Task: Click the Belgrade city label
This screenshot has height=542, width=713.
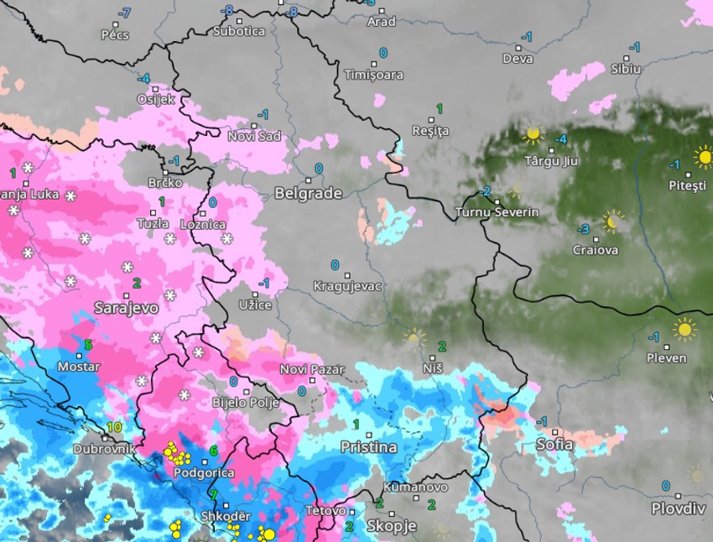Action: tap(308, 194)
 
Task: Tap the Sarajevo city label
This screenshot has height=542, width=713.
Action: tap(127, 308)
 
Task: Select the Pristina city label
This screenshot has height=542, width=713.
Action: tap(368, 447)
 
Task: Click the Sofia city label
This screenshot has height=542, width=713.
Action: tap(554, 445)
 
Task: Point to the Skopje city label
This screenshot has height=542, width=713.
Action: tap(391, 526)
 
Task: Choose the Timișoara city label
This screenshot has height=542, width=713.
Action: tap(373, 75)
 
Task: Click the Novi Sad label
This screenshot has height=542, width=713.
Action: tap(254, 136)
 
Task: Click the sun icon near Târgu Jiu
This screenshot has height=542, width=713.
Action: tap(532, 133)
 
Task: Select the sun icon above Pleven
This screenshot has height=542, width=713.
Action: tap(684, 329)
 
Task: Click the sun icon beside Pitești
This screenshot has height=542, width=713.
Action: tap(703, 157)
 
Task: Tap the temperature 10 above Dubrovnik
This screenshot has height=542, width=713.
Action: tap(115, 427)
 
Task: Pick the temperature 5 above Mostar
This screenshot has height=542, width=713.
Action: tap(87, 345)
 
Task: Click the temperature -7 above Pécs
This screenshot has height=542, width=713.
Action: tap(125, 13)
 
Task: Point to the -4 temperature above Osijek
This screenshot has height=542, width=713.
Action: tap(143, 78)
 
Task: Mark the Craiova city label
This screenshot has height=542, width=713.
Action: tap(595, 250)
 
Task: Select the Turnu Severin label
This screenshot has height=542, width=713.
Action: tap(497, 212)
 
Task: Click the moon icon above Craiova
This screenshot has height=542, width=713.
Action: tap(613, 221)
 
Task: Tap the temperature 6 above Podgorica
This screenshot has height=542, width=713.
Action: tap(213, 451)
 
